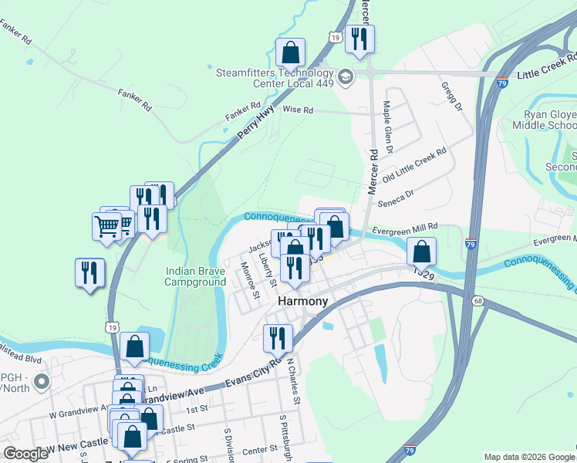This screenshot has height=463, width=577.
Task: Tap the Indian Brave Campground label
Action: [195, 276]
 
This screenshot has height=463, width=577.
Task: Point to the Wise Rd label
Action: [298, 110]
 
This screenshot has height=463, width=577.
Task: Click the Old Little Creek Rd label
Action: [417, 166]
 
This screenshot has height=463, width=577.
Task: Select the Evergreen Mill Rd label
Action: [405, 228]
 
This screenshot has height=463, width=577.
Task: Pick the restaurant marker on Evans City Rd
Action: [276, 337]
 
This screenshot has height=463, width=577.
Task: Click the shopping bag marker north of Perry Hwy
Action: [291, 52]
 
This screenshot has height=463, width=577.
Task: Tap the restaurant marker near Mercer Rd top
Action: [360, 39]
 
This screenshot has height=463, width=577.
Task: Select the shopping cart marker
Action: [106, 226]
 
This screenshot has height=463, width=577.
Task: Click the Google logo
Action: [25, 454]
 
